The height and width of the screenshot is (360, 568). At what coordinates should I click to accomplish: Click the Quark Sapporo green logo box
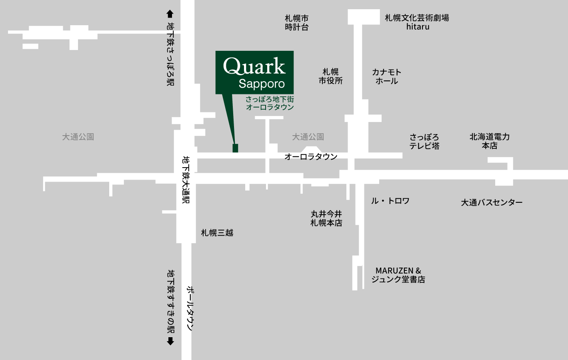pyautogui.click(x=254, y=72)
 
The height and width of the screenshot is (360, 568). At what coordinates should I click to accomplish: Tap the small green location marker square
pyautogui.click(x=235, y=148)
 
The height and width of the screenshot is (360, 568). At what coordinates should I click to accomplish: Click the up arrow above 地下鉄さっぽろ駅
pyautogui.click(x=170, y=14)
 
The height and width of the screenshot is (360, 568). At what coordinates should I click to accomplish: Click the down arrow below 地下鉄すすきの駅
pyautogui.click(x=170, y=341)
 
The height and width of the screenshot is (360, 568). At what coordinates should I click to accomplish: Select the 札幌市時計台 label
pyautogui.click(x=296, y=23)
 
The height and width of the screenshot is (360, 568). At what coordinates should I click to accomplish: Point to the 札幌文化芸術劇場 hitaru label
pyautogui.click(x=417, y=22)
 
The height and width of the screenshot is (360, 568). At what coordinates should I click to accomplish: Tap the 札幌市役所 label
pyautogui.click(x=330, y=76)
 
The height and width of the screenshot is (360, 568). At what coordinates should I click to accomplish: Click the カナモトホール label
pyautogui.click(x=386, y=76)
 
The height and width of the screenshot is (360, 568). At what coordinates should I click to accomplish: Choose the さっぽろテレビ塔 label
pyautogui.click(x=424, y=142)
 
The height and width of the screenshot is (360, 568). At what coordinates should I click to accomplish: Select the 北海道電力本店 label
pyautogui.click(x=490, y=141)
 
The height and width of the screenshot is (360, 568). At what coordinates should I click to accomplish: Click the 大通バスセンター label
pyautogui.click(x=492, y=202)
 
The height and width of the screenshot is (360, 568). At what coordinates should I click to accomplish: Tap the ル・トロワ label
pyautogui.click(x=390, y=201)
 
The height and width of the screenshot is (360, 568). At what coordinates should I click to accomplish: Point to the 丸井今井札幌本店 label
pyautogui.click(x=326, y=218)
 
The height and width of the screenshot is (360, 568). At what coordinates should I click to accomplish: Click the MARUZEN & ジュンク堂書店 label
pyautogui.click(x=398, y=275)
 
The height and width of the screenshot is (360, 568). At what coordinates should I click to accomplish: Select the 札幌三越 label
pyautogui.click(x=217, y=233)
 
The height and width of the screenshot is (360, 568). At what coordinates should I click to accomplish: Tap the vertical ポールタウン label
pyautogui.click(x=190, y=308)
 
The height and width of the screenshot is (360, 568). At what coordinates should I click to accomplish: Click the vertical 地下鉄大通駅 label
pyautogui.click(x=186, y=180)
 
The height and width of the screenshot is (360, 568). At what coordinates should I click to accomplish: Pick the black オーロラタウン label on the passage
pyautogui.click(x=311, y=156)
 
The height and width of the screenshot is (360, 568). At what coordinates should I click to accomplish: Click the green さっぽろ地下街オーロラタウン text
pyautogui.click(x=270, y=103)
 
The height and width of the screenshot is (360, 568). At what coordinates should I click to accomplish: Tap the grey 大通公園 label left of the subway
pyautogui.click(x=78, y=137)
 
